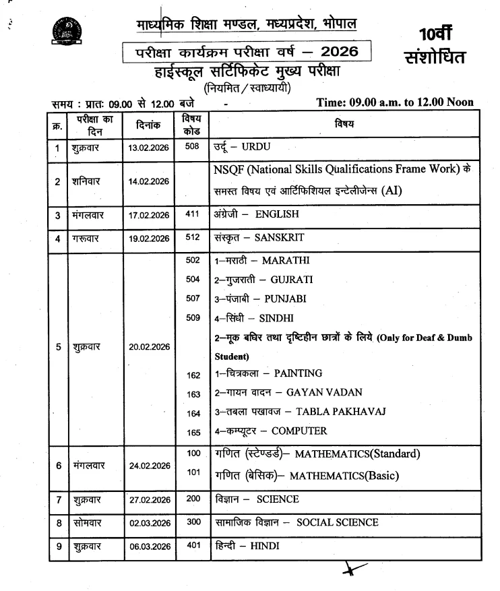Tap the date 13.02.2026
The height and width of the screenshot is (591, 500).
pyautogui.click(x=149, y=148)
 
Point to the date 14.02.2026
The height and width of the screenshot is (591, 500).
pyautogui.click(x=149, y=181)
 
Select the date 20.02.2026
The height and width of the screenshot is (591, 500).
pyautogui.click(x=149, y=347)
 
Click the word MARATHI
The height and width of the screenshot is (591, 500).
pyautogui.click(x=286, y=260)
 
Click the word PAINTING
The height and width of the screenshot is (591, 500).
pyautogui.click(x=298, y=373)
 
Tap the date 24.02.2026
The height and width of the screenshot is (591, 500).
pyautogui.click(x=149, y=466)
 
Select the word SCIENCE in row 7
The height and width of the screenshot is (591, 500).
pyautogui.click(x=278, y=500)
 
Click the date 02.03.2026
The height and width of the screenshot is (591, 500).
pyautogui.click(x=149, y=523)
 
